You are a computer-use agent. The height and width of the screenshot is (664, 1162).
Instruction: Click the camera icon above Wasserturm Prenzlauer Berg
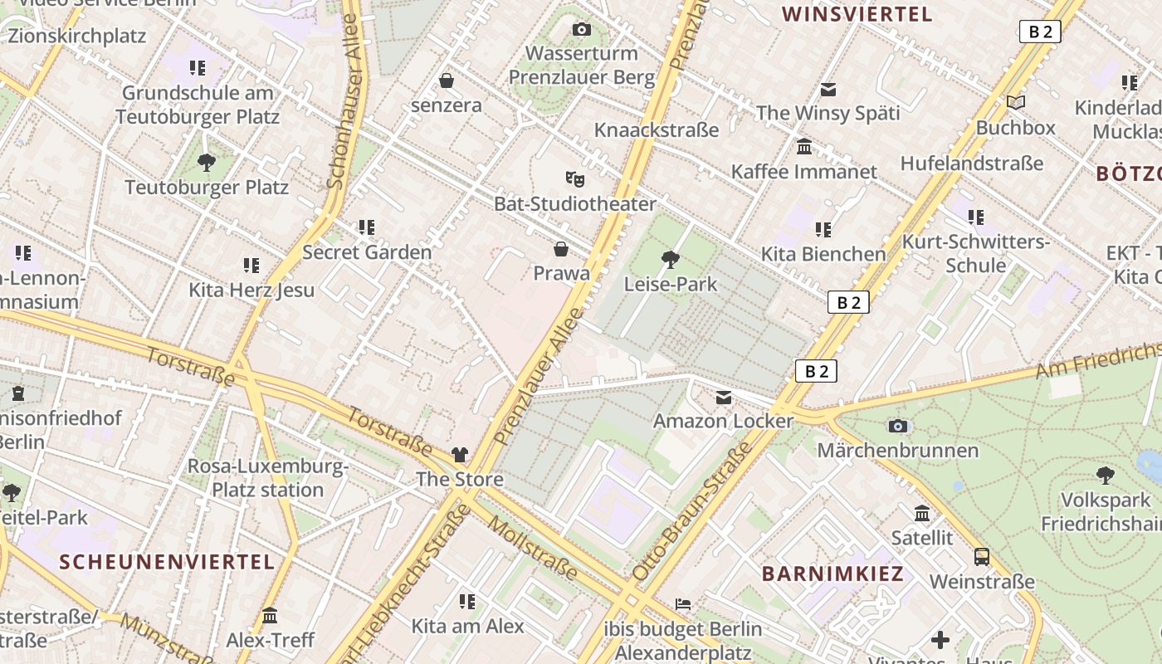pyautogui.click(x=582, y=30)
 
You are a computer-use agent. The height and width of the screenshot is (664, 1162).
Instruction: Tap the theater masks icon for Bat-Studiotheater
pyautogui.click(x=574, y=178)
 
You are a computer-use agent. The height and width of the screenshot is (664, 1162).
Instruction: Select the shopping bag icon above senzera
pyautogui.click(x=447, y=81)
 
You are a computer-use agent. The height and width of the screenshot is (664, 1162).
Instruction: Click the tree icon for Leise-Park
pyautogui.click(x=670, y=260)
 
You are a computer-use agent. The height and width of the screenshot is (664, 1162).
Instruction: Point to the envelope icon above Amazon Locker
pyautogui.click(x=724, y=398)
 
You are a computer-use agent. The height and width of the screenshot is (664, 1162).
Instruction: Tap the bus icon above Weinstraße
pyautogui.click(x=982, y=557)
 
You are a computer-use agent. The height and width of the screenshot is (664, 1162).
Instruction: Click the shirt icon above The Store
pyautogui.click(x=460, y=455)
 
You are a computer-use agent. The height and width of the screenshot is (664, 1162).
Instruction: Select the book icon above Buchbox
pyautogui.click(x=1016, y=103)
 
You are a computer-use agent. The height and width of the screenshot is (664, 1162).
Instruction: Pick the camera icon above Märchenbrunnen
pyautogui.click(x=897, y=426)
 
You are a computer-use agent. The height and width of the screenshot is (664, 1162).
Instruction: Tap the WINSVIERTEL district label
pyautogui.click(x=857, y=14)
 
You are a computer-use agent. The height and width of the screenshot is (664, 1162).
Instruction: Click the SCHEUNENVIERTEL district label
pyautogui.click(x=167, y=562)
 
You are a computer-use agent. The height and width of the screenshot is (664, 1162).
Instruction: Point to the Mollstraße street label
pyautogui.click(x=532, y=548)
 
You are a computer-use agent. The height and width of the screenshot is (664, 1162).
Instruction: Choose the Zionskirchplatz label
pyautogui.click(x=76, y=36)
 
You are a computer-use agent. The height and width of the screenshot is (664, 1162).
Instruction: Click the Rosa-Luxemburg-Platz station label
pyautogui.click(x=267, y=478)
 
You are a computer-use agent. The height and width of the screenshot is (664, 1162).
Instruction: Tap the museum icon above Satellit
pyautogui.click(x=921, y=514)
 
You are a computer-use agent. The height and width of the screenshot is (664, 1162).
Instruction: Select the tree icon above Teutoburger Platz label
pyautogui.click(x=207, y=163)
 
